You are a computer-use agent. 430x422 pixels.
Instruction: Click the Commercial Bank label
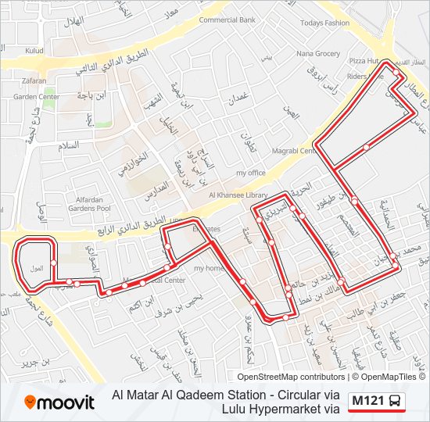click(x=227, y=20)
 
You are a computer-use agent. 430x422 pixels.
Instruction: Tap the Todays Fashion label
click(x=325, y=23)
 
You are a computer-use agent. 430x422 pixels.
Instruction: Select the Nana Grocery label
click(x=318, y=54)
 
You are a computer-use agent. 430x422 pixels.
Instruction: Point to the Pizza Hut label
click(x=364, y=60)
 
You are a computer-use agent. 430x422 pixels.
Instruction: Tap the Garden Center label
click(x=37, y=97)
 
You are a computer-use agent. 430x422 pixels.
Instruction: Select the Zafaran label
click(x=34, y=80)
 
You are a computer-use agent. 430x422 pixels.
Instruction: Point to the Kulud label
click(x=34, y=51)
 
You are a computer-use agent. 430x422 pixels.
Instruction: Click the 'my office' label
click(x=251, y=173)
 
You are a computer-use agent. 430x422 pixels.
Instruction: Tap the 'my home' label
click(x=209, y=269)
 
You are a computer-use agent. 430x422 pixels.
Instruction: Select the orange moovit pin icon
click(x=31, y=402)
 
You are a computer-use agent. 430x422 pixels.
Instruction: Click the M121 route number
click(x=367, y=402)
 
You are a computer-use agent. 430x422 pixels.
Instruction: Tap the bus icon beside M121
click(x=396, y=402)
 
